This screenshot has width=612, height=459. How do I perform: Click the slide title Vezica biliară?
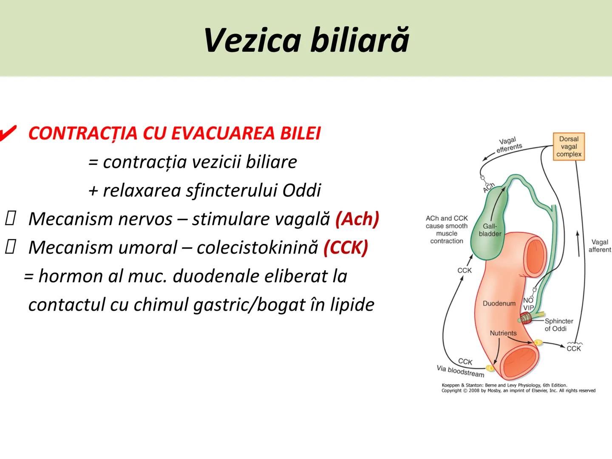pos(306,40)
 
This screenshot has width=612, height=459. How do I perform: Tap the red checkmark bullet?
pos(8,133)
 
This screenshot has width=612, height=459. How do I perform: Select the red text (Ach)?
pos(357,219)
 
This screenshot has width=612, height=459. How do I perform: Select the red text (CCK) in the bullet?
pos(346,247)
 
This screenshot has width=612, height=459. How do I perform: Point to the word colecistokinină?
pos(257,247)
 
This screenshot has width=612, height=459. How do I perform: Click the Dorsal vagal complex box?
pos(569,147)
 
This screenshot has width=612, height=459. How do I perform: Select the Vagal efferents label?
pos(508,144)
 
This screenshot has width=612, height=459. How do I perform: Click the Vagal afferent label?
pos(599,246)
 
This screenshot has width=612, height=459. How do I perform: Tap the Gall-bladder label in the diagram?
pos(490,230)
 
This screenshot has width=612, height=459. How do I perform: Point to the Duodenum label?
pos(499,303)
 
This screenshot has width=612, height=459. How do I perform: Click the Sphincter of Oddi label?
pos(558,325)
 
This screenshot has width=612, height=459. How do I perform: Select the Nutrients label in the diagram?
pos(503,333)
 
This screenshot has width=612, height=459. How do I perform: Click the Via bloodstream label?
pos(460,371)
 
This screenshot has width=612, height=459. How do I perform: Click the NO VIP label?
pos(528,304)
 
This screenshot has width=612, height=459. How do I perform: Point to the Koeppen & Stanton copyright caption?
pos(518,388)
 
